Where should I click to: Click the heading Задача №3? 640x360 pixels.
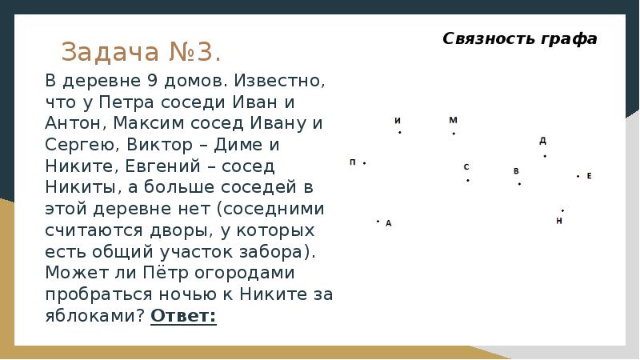click(141, 52)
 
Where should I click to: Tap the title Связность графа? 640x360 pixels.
click(520, 38)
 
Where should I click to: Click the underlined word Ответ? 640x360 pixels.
click(183, 315)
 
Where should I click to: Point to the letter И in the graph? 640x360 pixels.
click(398, 121)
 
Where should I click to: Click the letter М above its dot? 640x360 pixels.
click(453, 120)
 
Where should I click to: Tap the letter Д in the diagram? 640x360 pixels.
click(542, 141)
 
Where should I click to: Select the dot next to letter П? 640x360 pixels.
click(364, 163)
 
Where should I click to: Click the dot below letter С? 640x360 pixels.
click(468, 180)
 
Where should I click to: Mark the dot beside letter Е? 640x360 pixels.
click(578, 176)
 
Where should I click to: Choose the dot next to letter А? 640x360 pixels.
click(378, 222)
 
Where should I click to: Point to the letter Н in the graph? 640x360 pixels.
click(559, 220)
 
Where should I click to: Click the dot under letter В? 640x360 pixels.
click(519, 184)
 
